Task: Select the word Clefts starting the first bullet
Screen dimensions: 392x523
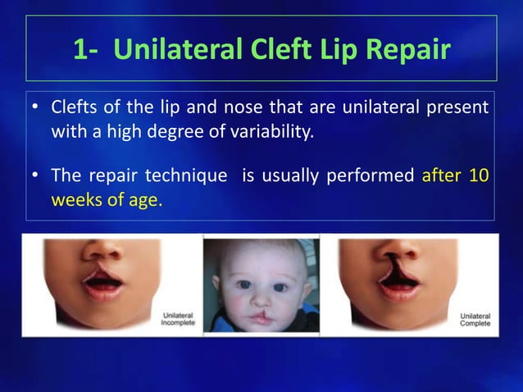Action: tap(75, 107)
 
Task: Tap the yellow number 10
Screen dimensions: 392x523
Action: tap(479, 176)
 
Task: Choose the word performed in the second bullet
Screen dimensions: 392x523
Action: tap(373, 176)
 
